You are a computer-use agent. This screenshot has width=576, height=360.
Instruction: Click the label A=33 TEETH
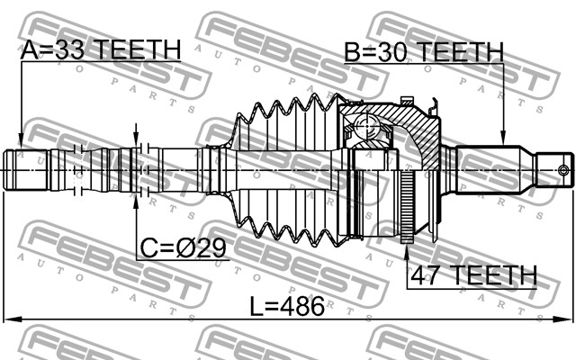[100, 49]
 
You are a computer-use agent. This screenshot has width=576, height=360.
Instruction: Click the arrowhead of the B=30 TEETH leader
[503, 143]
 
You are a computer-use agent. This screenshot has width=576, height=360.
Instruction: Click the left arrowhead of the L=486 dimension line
[9, 318]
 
